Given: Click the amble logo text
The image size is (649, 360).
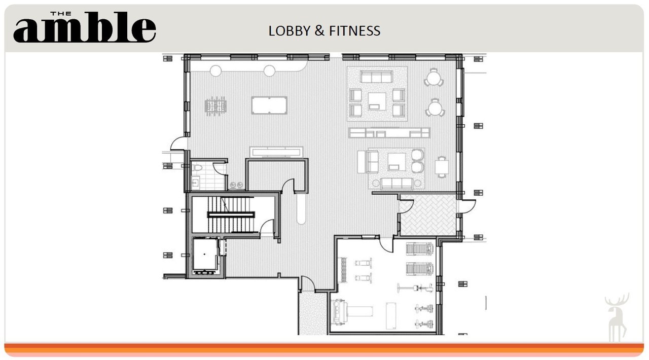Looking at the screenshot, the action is (x=85, y=27).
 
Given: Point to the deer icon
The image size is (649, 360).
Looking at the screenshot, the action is (x=617, y=317).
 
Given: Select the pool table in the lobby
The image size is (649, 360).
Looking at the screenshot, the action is (x=269, y=105).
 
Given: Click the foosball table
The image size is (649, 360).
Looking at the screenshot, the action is (x=215, y=106).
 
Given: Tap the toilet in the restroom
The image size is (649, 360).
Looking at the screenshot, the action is (x=198, y=167).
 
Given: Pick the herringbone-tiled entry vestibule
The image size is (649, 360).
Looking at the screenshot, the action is (x=428, y=215).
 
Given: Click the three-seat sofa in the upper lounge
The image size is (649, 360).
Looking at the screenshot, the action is (x=376, y=77).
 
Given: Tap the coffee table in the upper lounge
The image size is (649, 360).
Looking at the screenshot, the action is (x=377, y=101).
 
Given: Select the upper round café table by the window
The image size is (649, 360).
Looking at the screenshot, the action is (x=434, y=78).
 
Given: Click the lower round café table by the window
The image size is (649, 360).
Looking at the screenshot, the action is (x=435, y=109).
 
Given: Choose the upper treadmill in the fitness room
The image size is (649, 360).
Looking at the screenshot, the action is (x=419, y=249).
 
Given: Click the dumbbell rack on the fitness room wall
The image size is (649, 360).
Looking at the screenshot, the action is (x=344, y=270).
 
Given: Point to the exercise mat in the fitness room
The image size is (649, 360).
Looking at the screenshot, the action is (x=391, y=316).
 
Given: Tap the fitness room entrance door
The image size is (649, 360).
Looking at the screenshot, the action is (x=386, y=245).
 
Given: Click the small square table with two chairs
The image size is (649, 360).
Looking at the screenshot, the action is (x=442, y=167).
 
